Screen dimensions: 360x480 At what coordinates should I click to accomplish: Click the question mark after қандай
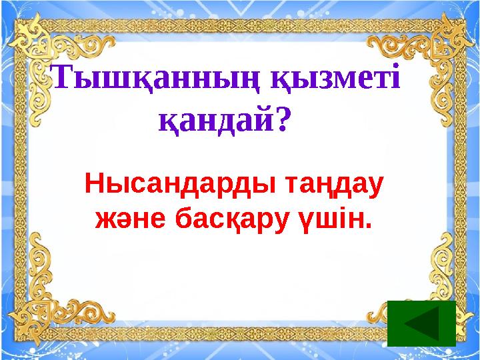click(283, 120)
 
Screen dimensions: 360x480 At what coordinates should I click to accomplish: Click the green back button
click(421, 323)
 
